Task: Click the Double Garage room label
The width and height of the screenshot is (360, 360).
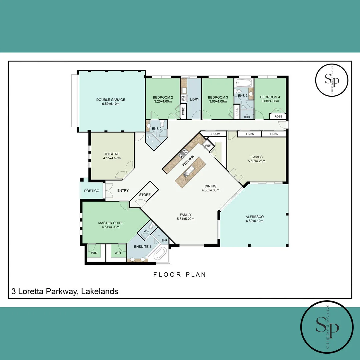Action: (x=111, y=100)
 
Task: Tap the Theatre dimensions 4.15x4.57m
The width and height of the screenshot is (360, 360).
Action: (x=111, y=158)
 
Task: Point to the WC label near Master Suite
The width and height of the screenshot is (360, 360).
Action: (x=146, y=231)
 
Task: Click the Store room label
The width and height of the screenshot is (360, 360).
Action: (x=145, y=195)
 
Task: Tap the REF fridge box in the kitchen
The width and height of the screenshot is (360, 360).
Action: (x=208, y=146)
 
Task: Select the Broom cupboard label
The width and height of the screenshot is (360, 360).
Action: (x=215, y=134)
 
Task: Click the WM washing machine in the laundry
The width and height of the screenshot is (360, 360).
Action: (x=184, y=98)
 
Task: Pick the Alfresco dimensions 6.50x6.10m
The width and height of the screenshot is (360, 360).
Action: (x=254, y=221)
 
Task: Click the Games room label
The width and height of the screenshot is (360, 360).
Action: (x=257, y=157)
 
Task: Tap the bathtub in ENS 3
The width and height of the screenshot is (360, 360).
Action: (x=244, y=83)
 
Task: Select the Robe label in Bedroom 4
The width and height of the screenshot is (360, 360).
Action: (x=278, y=117)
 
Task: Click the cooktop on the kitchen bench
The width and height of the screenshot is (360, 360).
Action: (x=183, y=154)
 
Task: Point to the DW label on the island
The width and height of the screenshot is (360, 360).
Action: (x=185, y=176)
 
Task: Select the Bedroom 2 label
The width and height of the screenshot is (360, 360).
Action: (x=163, y=97)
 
